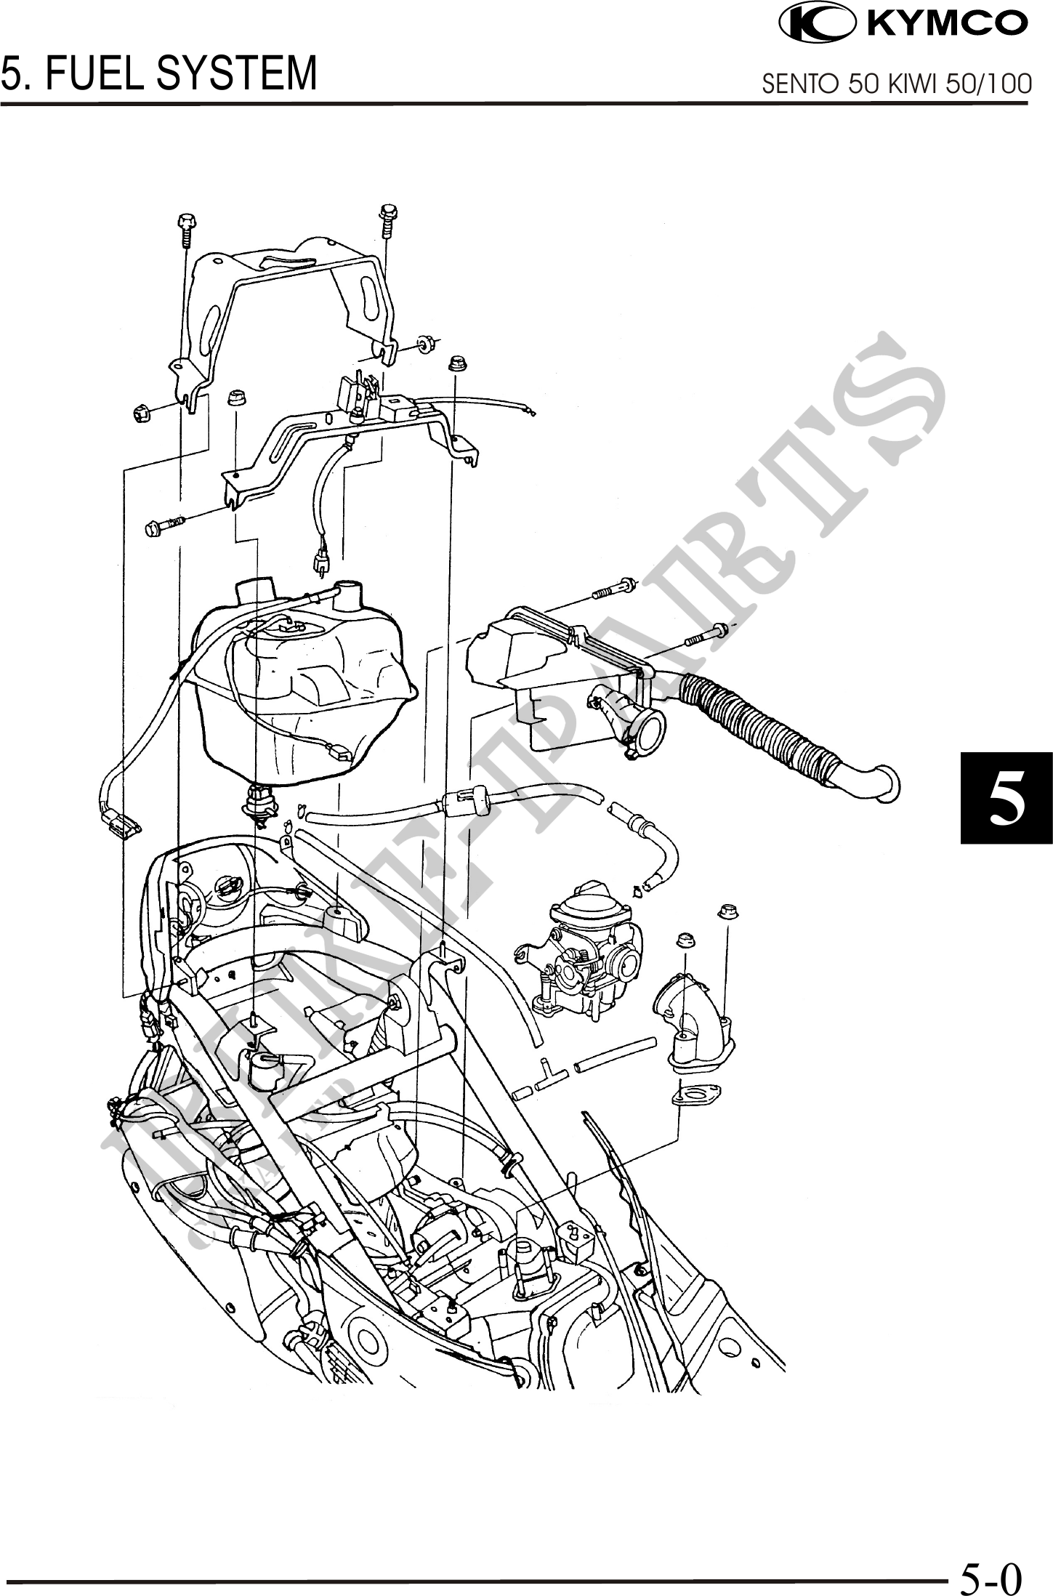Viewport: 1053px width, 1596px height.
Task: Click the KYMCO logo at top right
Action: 903,24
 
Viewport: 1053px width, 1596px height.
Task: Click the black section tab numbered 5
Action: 1006,798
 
